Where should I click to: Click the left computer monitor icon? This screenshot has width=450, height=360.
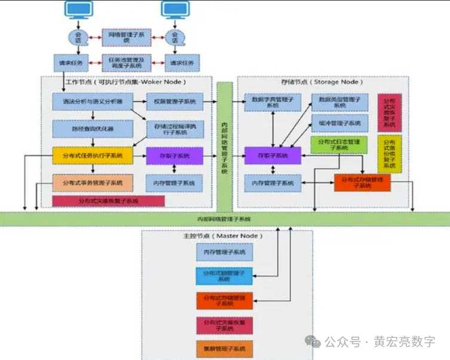coord(76,10)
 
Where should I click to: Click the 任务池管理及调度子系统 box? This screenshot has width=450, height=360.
coord(125,62)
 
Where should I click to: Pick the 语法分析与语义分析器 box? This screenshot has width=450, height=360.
coord(93,102)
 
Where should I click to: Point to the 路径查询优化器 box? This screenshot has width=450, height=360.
coord(93,128)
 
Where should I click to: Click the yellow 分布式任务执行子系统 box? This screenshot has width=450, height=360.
coord(92,155)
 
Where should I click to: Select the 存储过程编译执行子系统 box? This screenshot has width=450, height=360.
coord(175,129)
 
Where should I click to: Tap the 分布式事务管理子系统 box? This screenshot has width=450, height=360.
coord(92,182)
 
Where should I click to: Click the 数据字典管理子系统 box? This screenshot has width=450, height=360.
coord(273,102)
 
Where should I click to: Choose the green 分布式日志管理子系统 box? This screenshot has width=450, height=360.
coord(338,145)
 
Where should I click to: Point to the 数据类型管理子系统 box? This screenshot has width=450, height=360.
coord(338,102)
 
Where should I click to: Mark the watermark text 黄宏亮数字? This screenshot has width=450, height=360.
coord(405,341)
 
